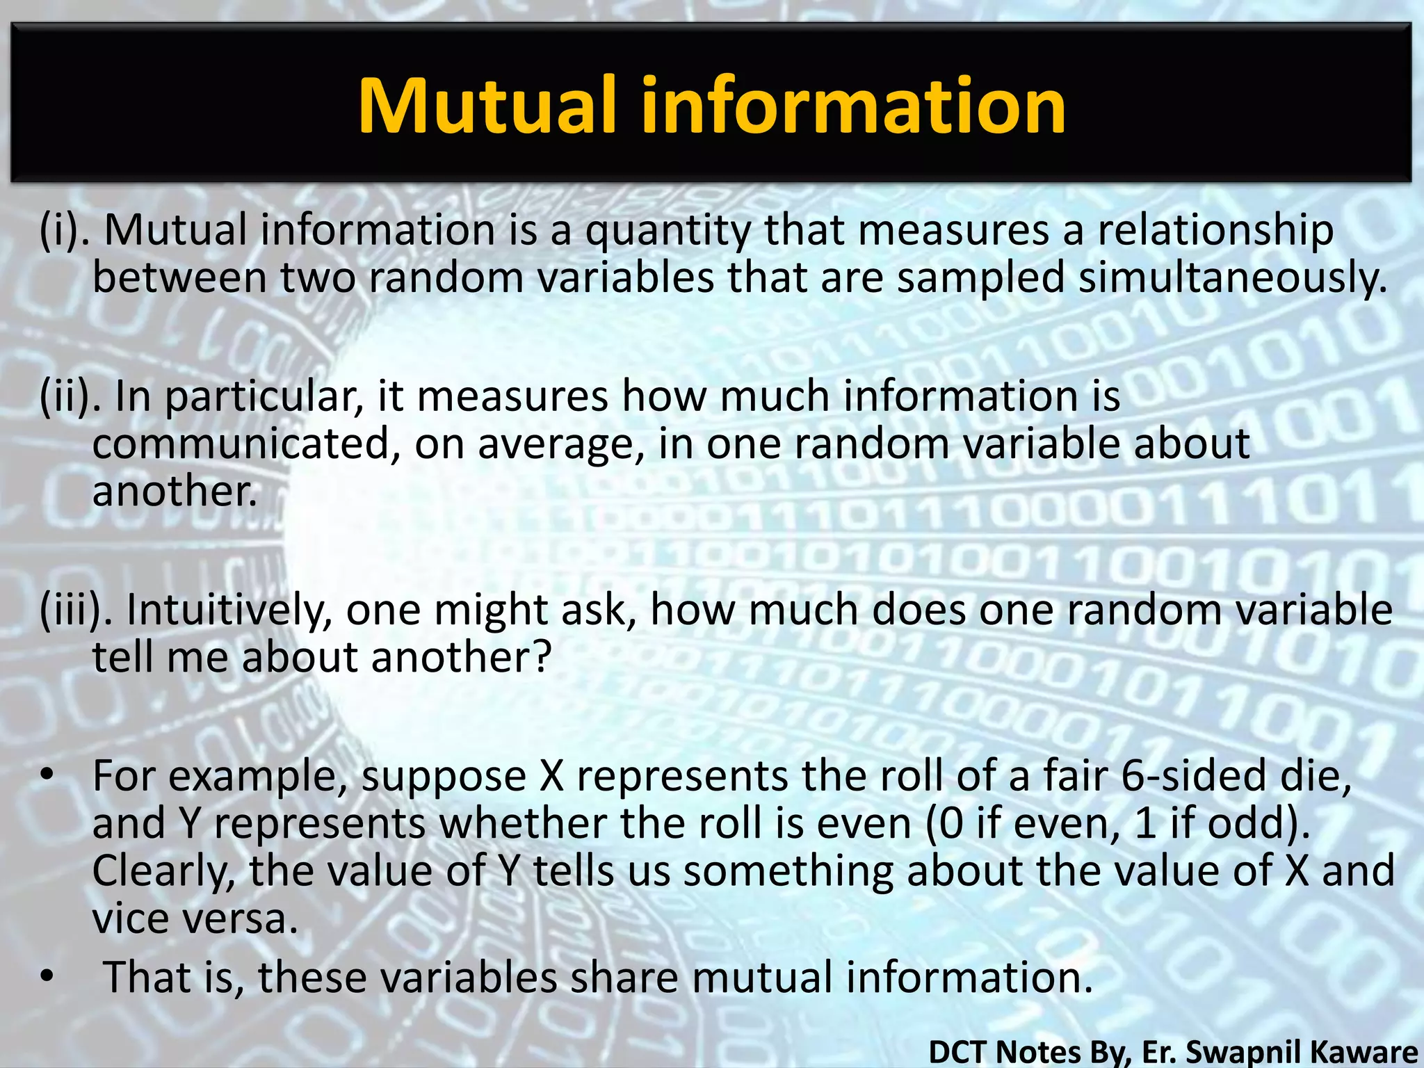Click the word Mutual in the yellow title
[487, 106]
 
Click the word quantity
[667, 232]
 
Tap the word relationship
[1215, 232]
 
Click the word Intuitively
[229, 610]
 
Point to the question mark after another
[540, 656]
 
